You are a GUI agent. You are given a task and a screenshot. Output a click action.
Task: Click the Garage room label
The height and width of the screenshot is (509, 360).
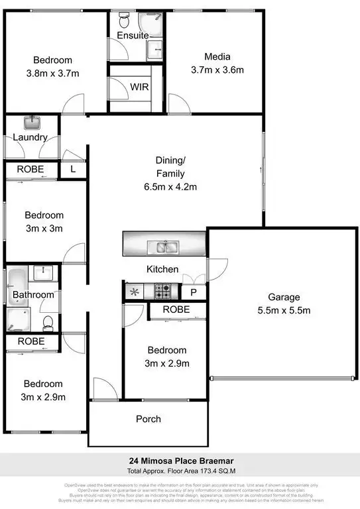(x=284, y=297)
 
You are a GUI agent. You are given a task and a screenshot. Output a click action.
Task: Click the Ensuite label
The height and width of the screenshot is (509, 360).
(x=133, y=35)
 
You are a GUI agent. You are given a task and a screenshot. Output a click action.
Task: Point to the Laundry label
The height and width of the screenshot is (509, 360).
(x=30, y=137)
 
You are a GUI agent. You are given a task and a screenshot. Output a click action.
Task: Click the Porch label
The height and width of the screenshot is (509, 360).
(x=148, y=419)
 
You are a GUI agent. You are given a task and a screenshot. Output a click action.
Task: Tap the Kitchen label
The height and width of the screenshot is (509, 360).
(x=162, y=269)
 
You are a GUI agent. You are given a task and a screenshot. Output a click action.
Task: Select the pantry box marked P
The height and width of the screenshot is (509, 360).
(x=194, y=292)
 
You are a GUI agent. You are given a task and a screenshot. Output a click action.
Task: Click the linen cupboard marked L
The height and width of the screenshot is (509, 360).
(x=73, y=169)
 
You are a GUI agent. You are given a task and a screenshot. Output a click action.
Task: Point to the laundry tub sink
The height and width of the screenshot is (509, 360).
(x=31, y=123)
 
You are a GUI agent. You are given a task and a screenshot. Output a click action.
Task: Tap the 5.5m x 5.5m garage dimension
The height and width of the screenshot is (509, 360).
(x=284, y=310)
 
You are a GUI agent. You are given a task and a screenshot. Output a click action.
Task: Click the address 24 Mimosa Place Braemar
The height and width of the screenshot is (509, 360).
(x=180, y=461)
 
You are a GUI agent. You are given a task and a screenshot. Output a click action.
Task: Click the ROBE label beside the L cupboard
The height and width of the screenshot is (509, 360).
(x=30, y=169)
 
